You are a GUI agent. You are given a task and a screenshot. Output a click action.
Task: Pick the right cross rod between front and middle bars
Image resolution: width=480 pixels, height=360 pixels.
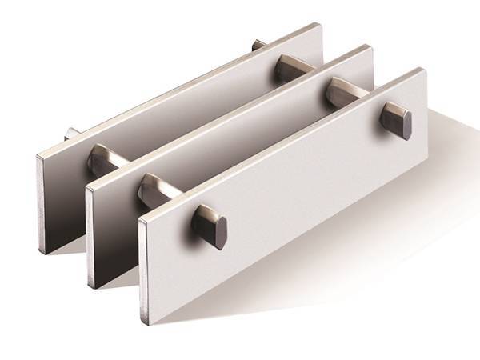pyautogui.click(x=340, y=94)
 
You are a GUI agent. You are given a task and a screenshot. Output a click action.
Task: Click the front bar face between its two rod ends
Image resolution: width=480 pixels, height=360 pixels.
pyautogui.click(x=304, y=184)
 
